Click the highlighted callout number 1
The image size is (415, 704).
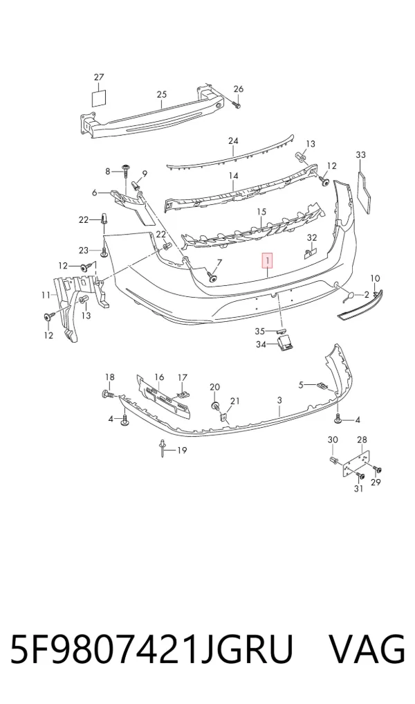tap(268, 260)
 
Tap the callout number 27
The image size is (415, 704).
tap(99, 78)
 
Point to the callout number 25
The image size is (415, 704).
tap(162, 94)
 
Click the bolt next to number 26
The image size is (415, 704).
tap(237, 105)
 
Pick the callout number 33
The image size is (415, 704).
tap(361, 155)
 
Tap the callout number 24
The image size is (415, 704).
tap(233, 141)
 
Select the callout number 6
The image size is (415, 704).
tap(94, 192)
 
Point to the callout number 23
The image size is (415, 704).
tap(84, 250)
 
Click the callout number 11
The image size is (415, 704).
tap(46, 295)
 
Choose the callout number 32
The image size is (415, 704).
tap(312, 237)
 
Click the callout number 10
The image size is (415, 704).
tap(375, 278)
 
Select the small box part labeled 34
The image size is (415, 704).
tap(288, 345)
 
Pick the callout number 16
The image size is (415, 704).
tap(159, 377)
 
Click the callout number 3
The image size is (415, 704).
tap(279, 400)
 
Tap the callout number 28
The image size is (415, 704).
tap(362, 440)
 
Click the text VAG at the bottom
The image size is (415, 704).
tap(367, 649)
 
